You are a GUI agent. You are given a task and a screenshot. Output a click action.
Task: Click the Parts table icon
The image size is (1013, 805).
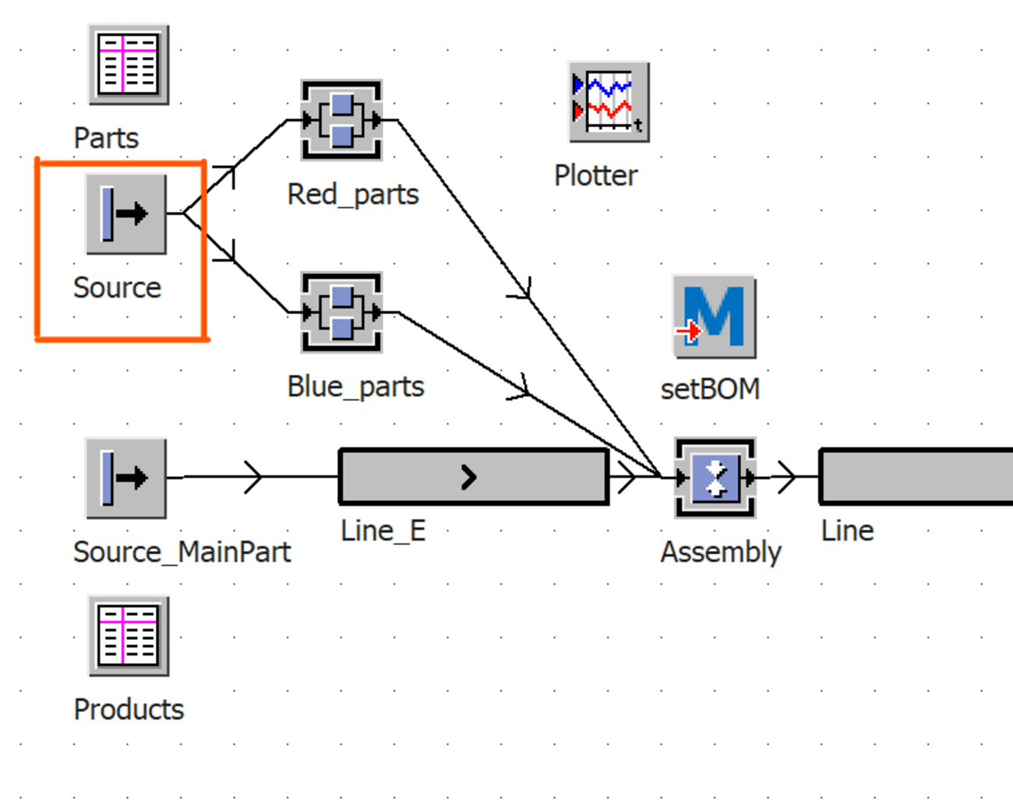129,65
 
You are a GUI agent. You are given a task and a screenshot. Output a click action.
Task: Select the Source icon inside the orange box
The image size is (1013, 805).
125,214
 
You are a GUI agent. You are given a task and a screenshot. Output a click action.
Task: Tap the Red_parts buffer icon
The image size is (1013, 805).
341,120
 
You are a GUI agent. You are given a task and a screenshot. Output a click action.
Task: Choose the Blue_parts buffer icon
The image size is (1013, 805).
341,312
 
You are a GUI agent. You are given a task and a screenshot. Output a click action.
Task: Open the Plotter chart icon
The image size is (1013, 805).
609,102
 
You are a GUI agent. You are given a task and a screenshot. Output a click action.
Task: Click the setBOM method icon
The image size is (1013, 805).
714,316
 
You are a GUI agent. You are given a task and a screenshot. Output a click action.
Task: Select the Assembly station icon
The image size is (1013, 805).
715,477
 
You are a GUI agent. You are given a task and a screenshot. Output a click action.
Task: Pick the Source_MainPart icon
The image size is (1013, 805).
125,478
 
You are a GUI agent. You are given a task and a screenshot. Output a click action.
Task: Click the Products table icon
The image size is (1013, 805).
129,636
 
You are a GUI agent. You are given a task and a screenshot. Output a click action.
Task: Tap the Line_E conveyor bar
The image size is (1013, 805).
474,476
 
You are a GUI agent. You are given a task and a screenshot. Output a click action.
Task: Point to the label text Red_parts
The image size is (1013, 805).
353,194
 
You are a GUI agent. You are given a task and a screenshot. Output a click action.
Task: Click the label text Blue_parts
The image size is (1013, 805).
355,387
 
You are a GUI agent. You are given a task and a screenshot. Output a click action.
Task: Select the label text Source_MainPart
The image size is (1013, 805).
182,552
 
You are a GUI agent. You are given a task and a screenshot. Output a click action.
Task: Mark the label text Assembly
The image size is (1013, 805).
721,552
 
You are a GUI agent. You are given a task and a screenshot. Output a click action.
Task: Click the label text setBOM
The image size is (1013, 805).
710,389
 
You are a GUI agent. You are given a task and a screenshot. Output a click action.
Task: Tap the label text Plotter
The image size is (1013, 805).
595,175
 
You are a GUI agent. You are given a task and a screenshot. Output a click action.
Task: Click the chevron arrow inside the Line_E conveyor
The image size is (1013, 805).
468,477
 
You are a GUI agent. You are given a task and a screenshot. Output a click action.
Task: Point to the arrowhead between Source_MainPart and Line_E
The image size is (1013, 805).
253,477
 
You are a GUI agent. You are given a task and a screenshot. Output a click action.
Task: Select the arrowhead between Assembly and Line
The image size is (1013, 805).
787,477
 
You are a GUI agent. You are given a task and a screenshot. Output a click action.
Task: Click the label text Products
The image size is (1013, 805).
129,709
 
